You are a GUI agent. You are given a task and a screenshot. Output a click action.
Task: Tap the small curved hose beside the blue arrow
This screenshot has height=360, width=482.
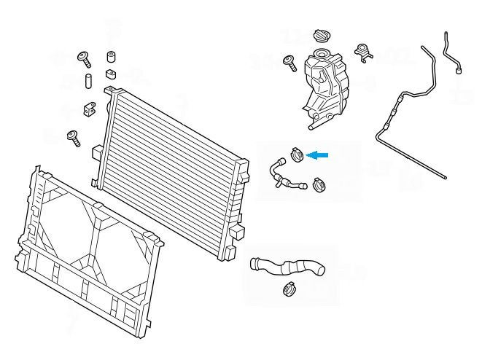279,173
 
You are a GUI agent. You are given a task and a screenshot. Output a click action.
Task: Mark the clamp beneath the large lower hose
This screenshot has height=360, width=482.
288,290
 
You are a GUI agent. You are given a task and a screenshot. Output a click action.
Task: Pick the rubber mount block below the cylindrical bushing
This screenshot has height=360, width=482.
111,74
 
